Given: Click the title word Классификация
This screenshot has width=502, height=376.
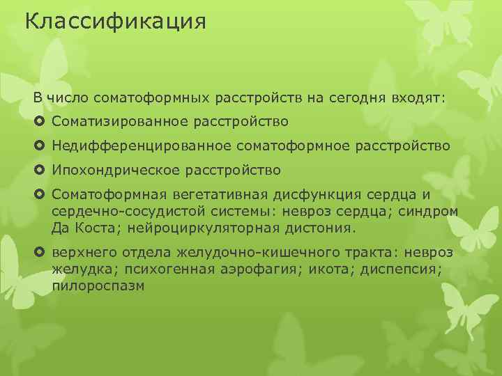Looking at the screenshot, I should [x=115, y=22].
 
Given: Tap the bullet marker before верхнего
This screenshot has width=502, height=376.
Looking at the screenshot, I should [x=39, y=252].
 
